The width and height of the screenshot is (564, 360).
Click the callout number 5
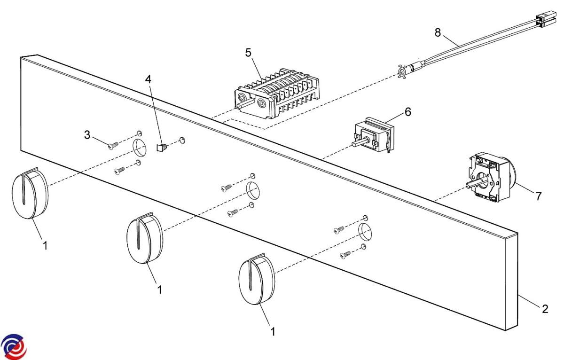[x=248, y=53]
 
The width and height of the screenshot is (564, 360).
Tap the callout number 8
[x=438, y=33]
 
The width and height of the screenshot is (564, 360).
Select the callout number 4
[x=149, y=79]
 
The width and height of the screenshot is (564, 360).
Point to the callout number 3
[x=87, y=135]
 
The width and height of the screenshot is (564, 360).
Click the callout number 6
[x=408, y=112]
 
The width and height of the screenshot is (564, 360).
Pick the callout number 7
[x=539, y=196]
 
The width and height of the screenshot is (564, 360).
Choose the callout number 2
[x=545, y=309]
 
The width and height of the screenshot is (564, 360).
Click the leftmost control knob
[x=30, y=193]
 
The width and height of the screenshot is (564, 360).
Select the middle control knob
[x=145, y=238]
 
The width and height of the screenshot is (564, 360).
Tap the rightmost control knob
[x=257, y=279]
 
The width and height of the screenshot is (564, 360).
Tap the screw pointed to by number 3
[x=113, y=146]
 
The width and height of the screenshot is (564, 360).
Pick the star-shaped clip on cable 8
[x=402, y=72]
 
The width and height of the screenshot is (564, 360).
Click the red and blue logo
[x=14, y=347]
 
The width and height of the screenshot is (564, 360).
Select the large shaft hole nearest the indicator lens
[x=139, y=147]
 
